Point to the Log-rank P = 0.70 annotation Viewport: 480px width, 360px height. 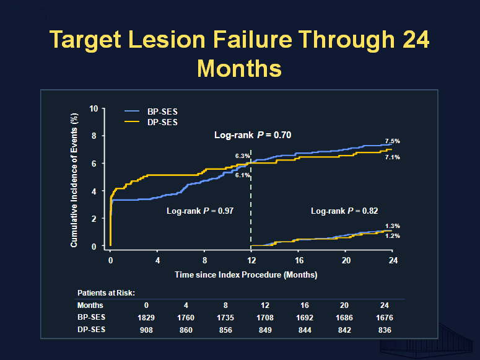coord(253,134)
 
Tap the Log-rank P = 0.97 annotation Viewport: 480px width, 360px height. coord(199,211)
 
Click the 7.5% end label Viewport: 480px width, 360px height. coord(392,141)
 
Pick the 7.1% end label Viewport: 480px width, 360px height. coord(392,157)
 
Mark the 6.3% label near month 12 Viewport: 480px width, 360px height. coord(242,156)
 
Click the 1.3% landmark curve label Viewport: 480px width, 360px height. coord(392,226)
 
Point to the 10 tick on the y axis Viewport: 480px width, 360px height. coord(94,108)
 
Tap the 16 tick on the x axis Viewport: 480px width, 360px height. coord(299,260)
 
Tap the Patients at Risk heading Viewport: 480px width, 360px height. coord(106,292)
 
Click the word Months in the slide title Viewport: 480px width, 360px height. coord(239,68)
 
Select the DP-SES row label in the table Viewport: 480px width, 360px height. coord(92,330)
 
